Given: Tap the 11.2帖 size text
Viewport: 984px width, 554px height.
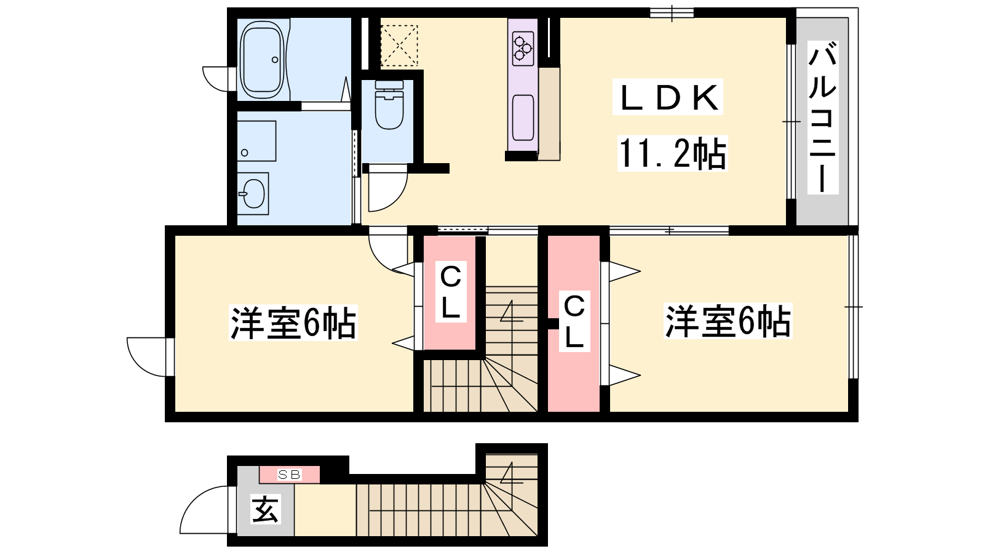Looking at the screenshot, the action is pyautogui.click(x=672, y=153).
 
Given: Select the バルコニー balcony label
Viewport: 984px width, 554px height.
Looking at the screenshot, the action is pyautogui.click(x=822, y=118).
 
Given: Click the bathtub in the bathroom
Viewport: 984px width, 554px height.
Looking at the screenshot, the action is pyautogui.click(x=262, y=60).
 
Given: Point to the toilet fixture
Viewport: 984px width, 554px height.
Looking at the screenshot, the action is pyautogui.click(x=389, y=105).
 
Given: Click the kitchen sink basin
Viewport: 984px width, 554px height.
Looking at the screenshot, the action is pyautogui.click(x=523, y=118).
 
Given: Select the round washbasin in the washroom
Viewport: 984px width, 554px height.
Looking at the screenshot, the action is pyautogui.click(x=253, y=193).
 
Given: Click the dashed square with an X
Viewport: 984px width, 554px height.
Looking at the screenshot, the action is pyautogui.click(x=399, y=46).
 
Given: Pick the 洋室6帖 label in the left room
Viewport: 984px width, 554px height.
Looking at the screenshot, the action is pyautogui.click(x=293, y=323).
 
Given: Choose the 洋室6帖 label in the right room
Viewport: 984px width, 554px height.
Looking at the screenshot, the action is pyautogui.click(x=728, y=321).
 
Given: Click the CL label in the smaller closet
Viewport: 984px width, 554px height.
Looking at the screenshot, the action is pyautogui.click(x=450, y=292).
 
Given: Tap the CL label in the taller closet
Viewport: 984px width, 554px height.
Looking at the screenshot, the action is pyautogui.click(x=574, y=322).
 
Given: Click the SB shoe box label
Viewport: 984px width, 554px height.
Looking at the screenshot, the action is pyautogui.click(x=290, y=475).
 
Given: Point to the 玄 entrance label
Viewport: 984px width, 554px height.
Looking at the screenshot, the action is pyautogui.click(x=265, y=509).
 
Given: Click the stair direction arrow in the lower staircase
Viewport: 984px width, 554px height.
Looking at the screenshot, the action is pyautogui.click(x=511, y=473).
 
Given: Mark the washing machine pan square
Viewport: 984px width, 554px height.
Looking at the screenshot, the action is pyautogui.click(x=256, y=141).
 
